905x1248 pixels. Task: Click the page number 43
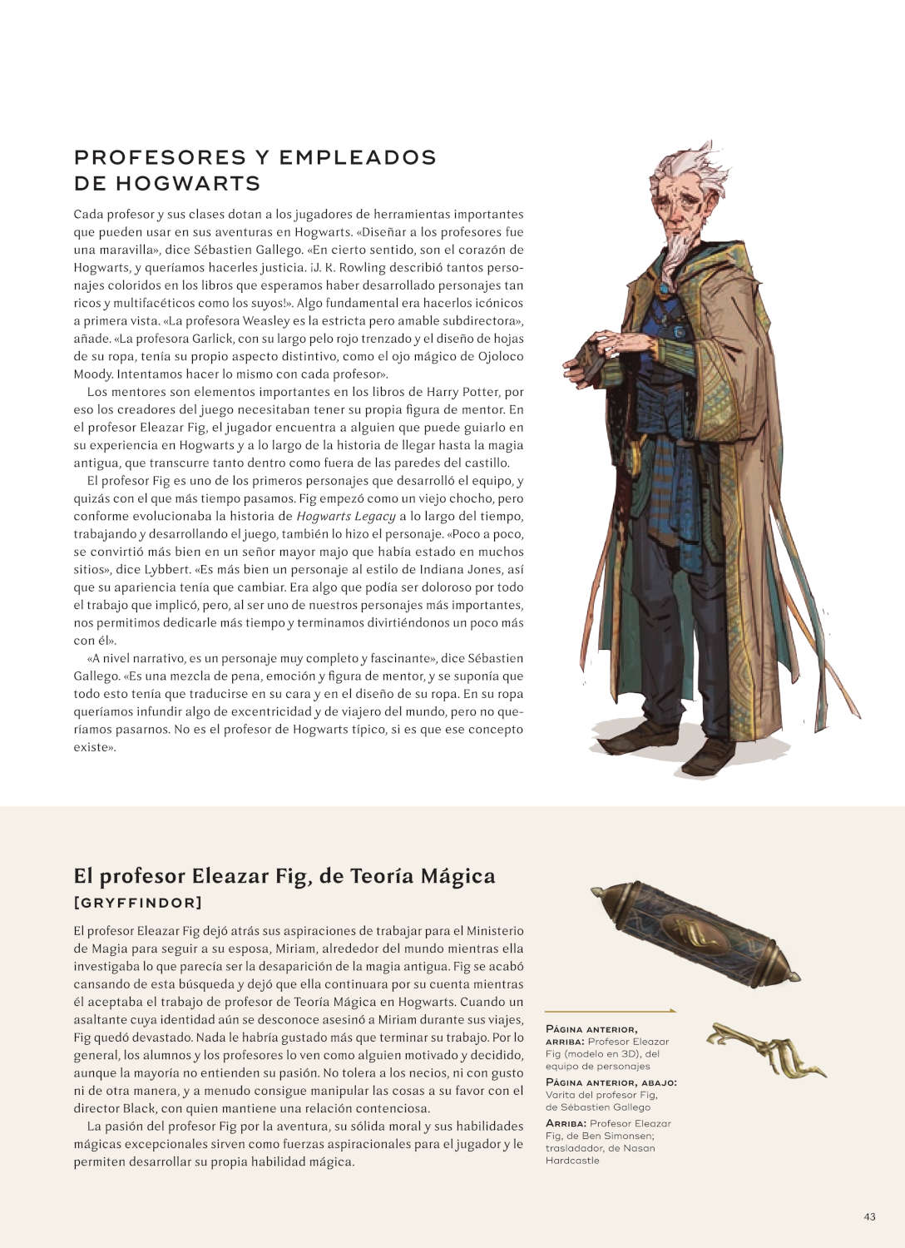tap(869, 1216)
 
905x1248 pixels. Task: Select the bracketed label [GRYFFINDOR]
tap(138, 903)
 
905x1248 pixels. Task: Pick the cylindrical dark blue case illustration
tap(695, 933)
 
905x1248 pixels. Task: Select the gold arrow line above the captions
tap(611, 1011)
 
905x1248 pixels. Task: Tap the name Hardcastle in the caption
tap(572, 1161)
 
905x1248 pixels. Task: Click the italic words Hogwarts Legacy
tap(345, 516)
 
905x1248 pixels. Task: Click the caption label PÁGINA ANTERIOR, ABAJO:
tap(611, 1082)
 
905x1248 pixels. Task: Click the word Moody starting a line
tap(93, 374)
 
